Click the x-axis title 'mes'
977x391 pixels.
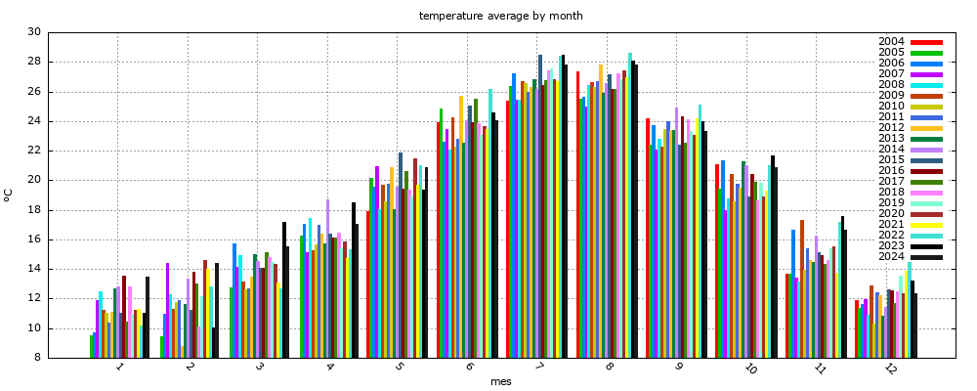click(x=500, y=381)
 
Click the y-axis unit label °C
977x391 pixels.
click(x=9, y=195)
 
